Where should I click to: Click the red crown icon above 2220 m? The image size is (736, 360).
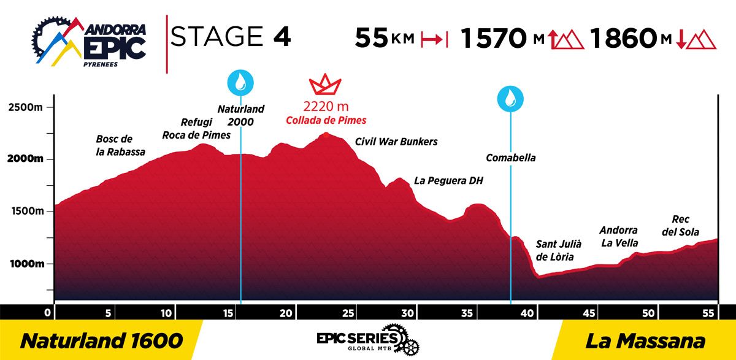(325, 85)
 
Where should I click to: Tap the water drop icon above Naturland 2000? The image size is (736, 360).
(240, 82)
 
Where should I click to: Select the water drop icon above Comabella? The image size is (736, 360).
(510, 99)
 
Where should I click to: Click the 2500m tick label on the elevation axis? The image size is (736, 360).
(25, 107)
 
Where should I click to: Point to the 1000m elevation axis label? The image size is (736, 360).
(27, 264)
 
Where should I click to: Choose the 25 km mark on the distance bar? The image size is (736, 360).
(348, 313)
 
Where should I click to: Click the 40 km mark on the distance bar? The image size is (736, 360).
(527, 313)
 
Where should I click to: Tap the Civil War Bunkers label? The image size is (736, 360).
(396, 142)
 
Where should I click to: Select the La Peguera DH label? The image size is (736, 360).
(448, 180)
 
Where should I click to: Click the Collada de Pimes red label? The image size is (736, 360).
(326, 120)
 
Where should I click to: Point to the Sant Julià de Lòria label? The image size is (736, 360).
(558, 250)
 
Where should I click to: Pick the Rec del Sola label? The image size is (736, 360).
(680, 225)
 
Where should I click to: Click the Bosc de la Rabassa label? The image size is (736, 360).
(120, 145)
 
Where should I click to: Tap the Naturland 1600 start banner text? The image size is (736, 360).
(102, 341)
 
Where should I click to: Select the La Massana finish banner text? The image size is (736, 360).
(645, 341)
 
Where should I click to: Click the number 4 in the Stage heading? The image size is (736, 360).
(282, 36)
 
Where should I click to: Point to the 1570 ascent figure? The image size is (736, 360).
(494, 38)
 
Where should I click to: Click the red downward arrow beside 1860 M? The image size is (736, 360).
(681, 39)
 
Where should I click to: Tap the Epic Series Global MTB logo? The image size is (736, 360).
(367, 340)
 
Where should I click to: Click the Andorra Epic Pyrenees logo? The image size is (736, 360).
(89, 41)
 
